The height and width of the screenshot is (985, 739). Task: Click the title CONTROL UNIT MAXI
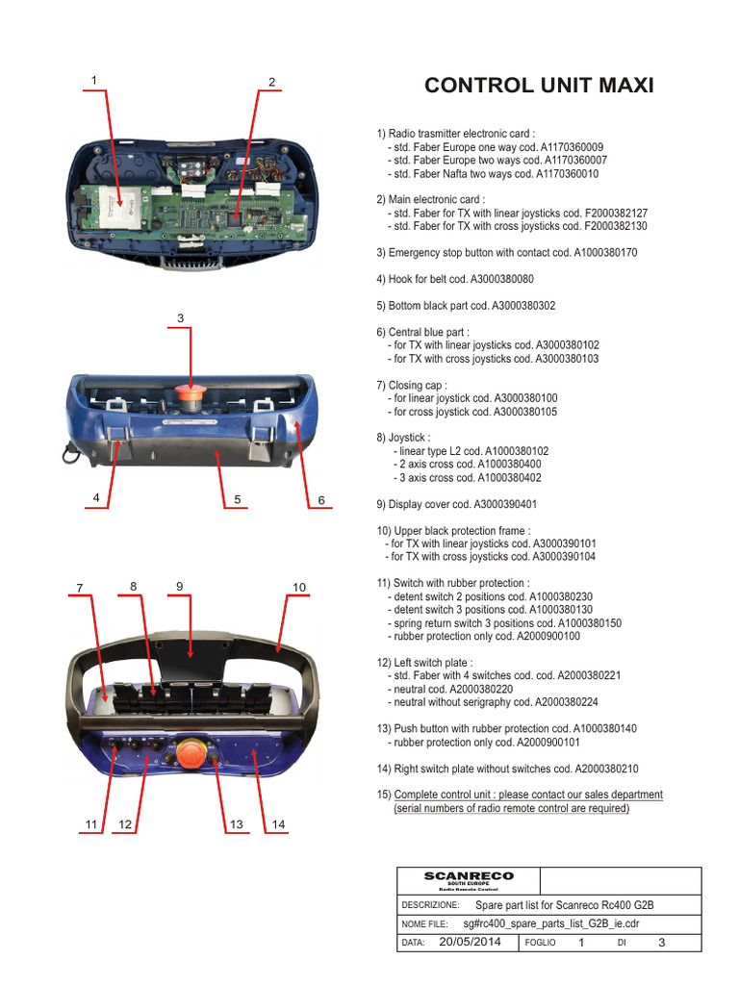coord(539,86)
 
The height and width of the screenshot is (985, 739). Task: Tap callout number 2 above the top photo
coord(272,82)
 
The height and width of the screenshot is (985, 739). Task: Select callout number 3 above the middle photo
coord(180,318)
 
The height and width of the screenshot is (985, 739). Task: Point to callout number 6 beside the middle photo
coord(321,500)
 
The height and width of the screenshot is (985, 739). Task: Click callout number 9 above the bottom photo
coord(179,586)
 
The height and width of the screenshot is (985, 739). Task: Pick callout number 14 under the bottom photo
coord(279,824)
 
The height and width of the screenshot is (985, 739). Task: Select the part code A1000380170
coord(605,252)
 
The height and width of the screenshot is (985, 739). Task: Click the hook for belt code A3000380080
coord(501,279)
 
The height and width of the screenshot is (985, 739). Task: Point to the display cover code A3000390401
coord(503,504)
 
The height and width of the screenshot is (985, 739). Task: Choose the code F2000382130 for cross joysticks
coord(615,225)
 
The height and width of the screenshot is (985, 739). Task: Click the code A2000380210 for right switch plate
coord(605,770)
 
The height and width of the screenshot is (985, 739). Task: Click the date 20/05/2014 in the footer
coord(471,943)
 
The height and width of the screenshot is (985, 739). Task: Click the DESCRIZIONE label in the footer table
coord(430,906)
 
